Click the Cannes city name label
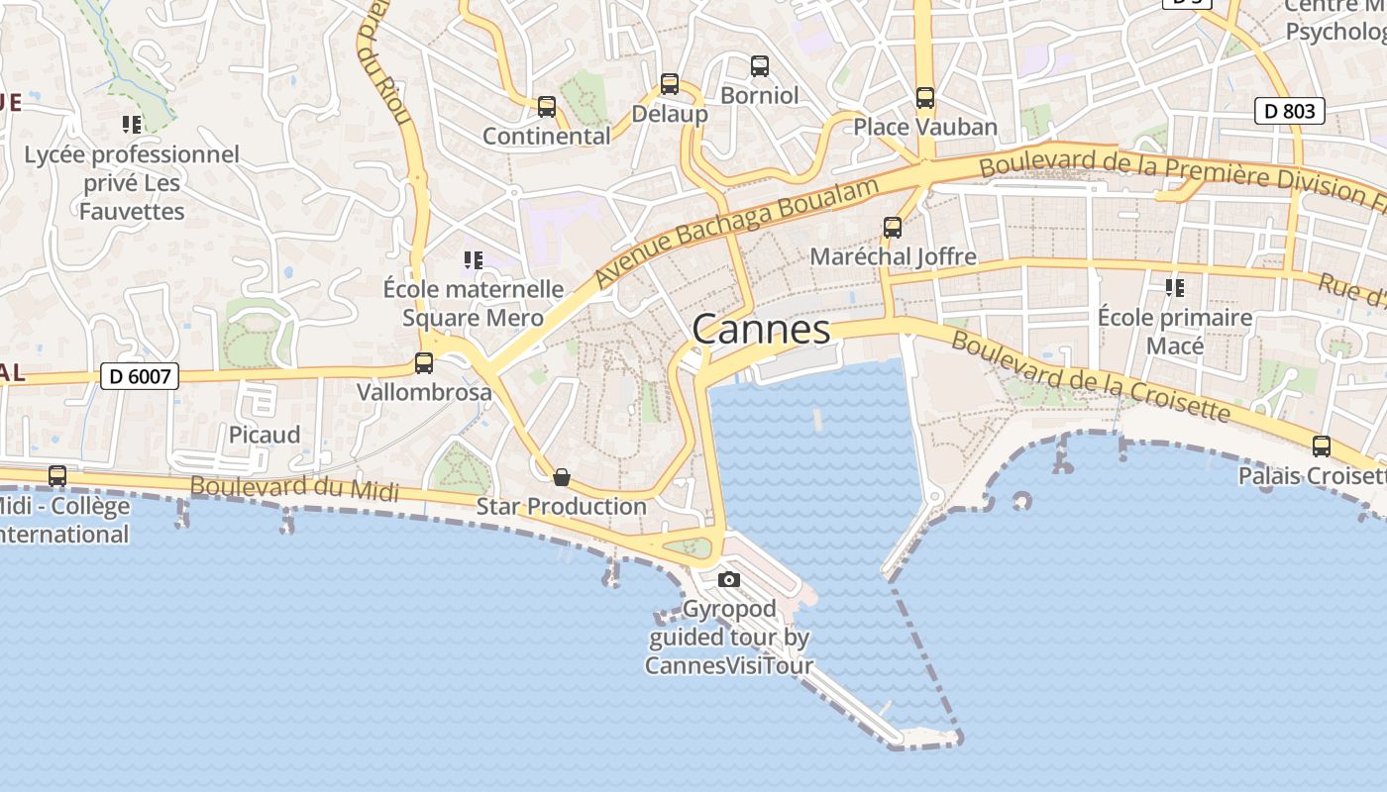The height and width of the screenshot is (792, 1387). (761, 329)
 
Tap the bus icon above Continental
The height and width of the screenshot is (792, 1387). (546, 107)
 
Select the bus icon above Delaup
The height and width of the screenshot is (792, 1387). (670, 84)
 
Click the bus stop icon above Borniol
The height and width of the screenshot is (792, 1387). (760, 66)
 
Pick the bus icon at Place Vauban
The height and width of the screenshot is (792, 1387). (925, 98)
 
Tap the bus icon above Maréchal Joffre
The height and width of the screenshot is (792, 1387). (893, 228)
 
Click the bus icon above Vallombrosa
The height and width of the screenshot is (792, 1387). (424, 363)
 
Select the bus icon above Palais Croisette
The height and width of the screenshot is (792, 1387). (1322, 446)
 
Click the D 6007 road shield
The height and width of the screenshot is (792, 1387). (140, 376)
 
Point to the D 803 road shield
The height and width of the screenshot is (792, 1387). (1290, 111)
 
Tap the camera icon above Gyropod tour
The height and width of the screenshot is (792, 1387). (729, 580)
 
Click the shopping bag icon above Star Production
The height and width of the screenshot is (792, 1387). (562, 478)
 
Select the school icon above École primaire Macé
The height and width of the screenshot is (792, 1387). (1175, 288)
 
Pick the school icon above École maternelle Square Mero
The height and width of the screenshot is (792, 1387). (474, 260)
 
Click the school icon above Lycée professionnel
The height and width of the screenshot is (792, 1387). (132, 125)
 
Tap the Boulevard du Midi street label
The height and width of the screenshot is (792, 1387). (294, 488)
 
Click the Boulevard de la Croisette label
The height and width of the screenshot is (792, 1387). (1090, 375)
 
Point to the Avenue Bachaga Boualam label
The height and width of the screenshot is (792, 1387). (737, 232)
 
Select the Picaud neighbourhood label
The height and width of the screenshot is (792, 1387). (265, 435)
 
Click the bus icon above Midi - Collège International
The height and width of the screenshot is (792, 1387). (57, 476)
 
